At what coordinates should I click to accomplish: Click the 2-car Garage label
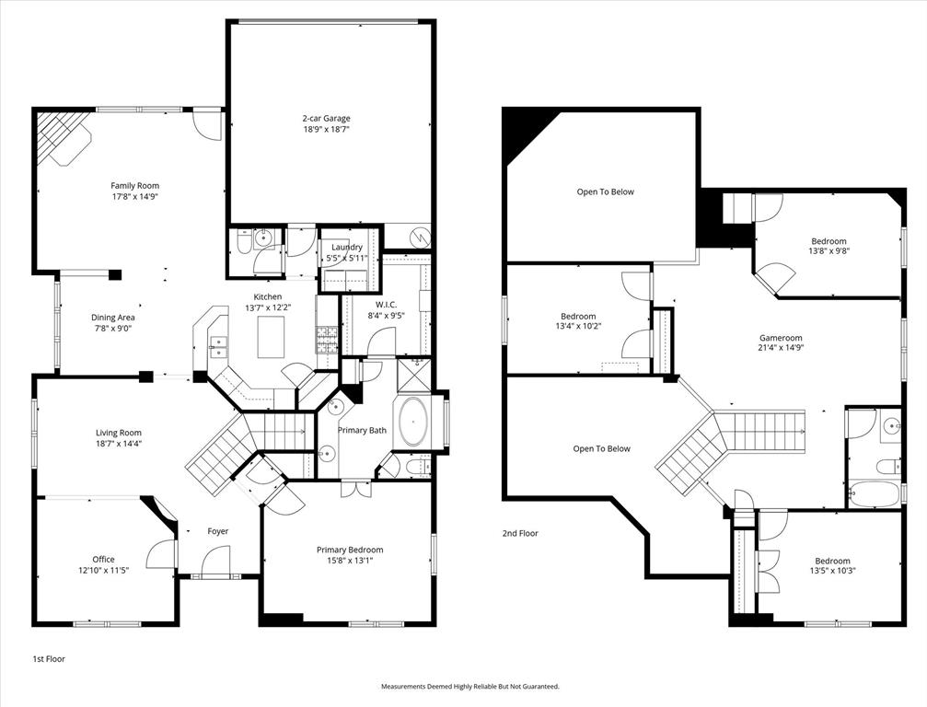(326, 118)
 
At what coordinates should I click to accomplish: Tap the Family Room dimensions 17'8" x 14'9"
(135, 196)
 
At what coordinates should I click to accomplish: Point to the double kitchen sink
(219, 346)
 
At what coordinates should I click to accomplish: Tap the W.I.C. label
(385, 304)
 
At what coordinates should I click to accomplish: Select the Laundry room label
(346, 247)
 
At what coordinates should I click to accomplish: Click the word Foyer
(217, 531)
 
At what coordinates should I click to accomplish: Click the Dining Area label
(112, 318)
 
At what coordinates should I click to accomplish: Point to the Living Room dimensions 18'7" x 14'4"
(119, 444)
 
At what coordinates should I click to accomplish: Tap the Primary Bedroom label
(350, 550)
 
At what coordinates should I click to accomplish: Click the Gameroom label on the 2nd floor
(781, 338)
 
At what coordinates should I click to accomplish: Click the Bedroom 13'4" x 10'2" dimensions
(578, 327)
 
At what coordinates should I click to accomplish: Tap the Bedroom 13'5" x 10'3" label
(831, 561)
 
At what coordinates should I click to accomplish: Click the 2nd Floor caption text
(520, 533)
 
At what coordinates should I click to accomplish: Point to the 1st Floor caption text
(49, 659)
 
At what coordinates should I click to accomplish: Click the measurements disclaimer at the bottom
(470, 687)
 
